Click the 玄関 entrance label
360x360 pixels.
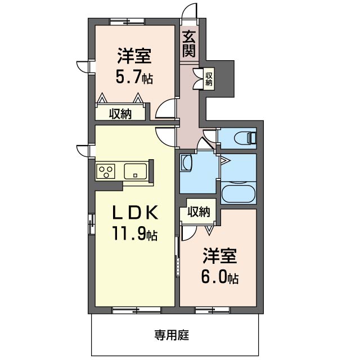(189, 44)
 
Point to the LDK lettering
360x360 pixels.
(135, 213)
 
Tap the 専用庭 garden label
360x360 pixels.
(172, 335)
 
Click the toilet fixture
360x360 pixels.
(245, 138)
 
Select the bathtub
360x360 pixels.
(238, 192)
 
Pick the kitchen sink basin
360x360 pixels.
(136, 171)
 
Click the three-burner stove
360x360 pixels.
(106, 171)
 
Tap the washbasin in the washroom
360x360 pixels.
(186, 163)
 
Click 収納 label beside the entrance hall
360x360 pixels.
(209, 79)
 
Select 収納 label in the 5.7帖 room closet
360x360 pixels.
(120, 114)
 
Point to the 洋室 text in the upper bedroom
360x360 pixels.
(134, 56)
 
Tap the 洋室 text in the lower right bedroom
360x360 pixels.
(220, 256)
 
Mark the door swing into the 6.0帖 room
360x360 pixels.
(189, 233)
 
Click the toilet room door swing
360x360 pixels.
(210, 136)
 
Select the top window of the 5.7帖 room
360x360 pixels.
(127, 21)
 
